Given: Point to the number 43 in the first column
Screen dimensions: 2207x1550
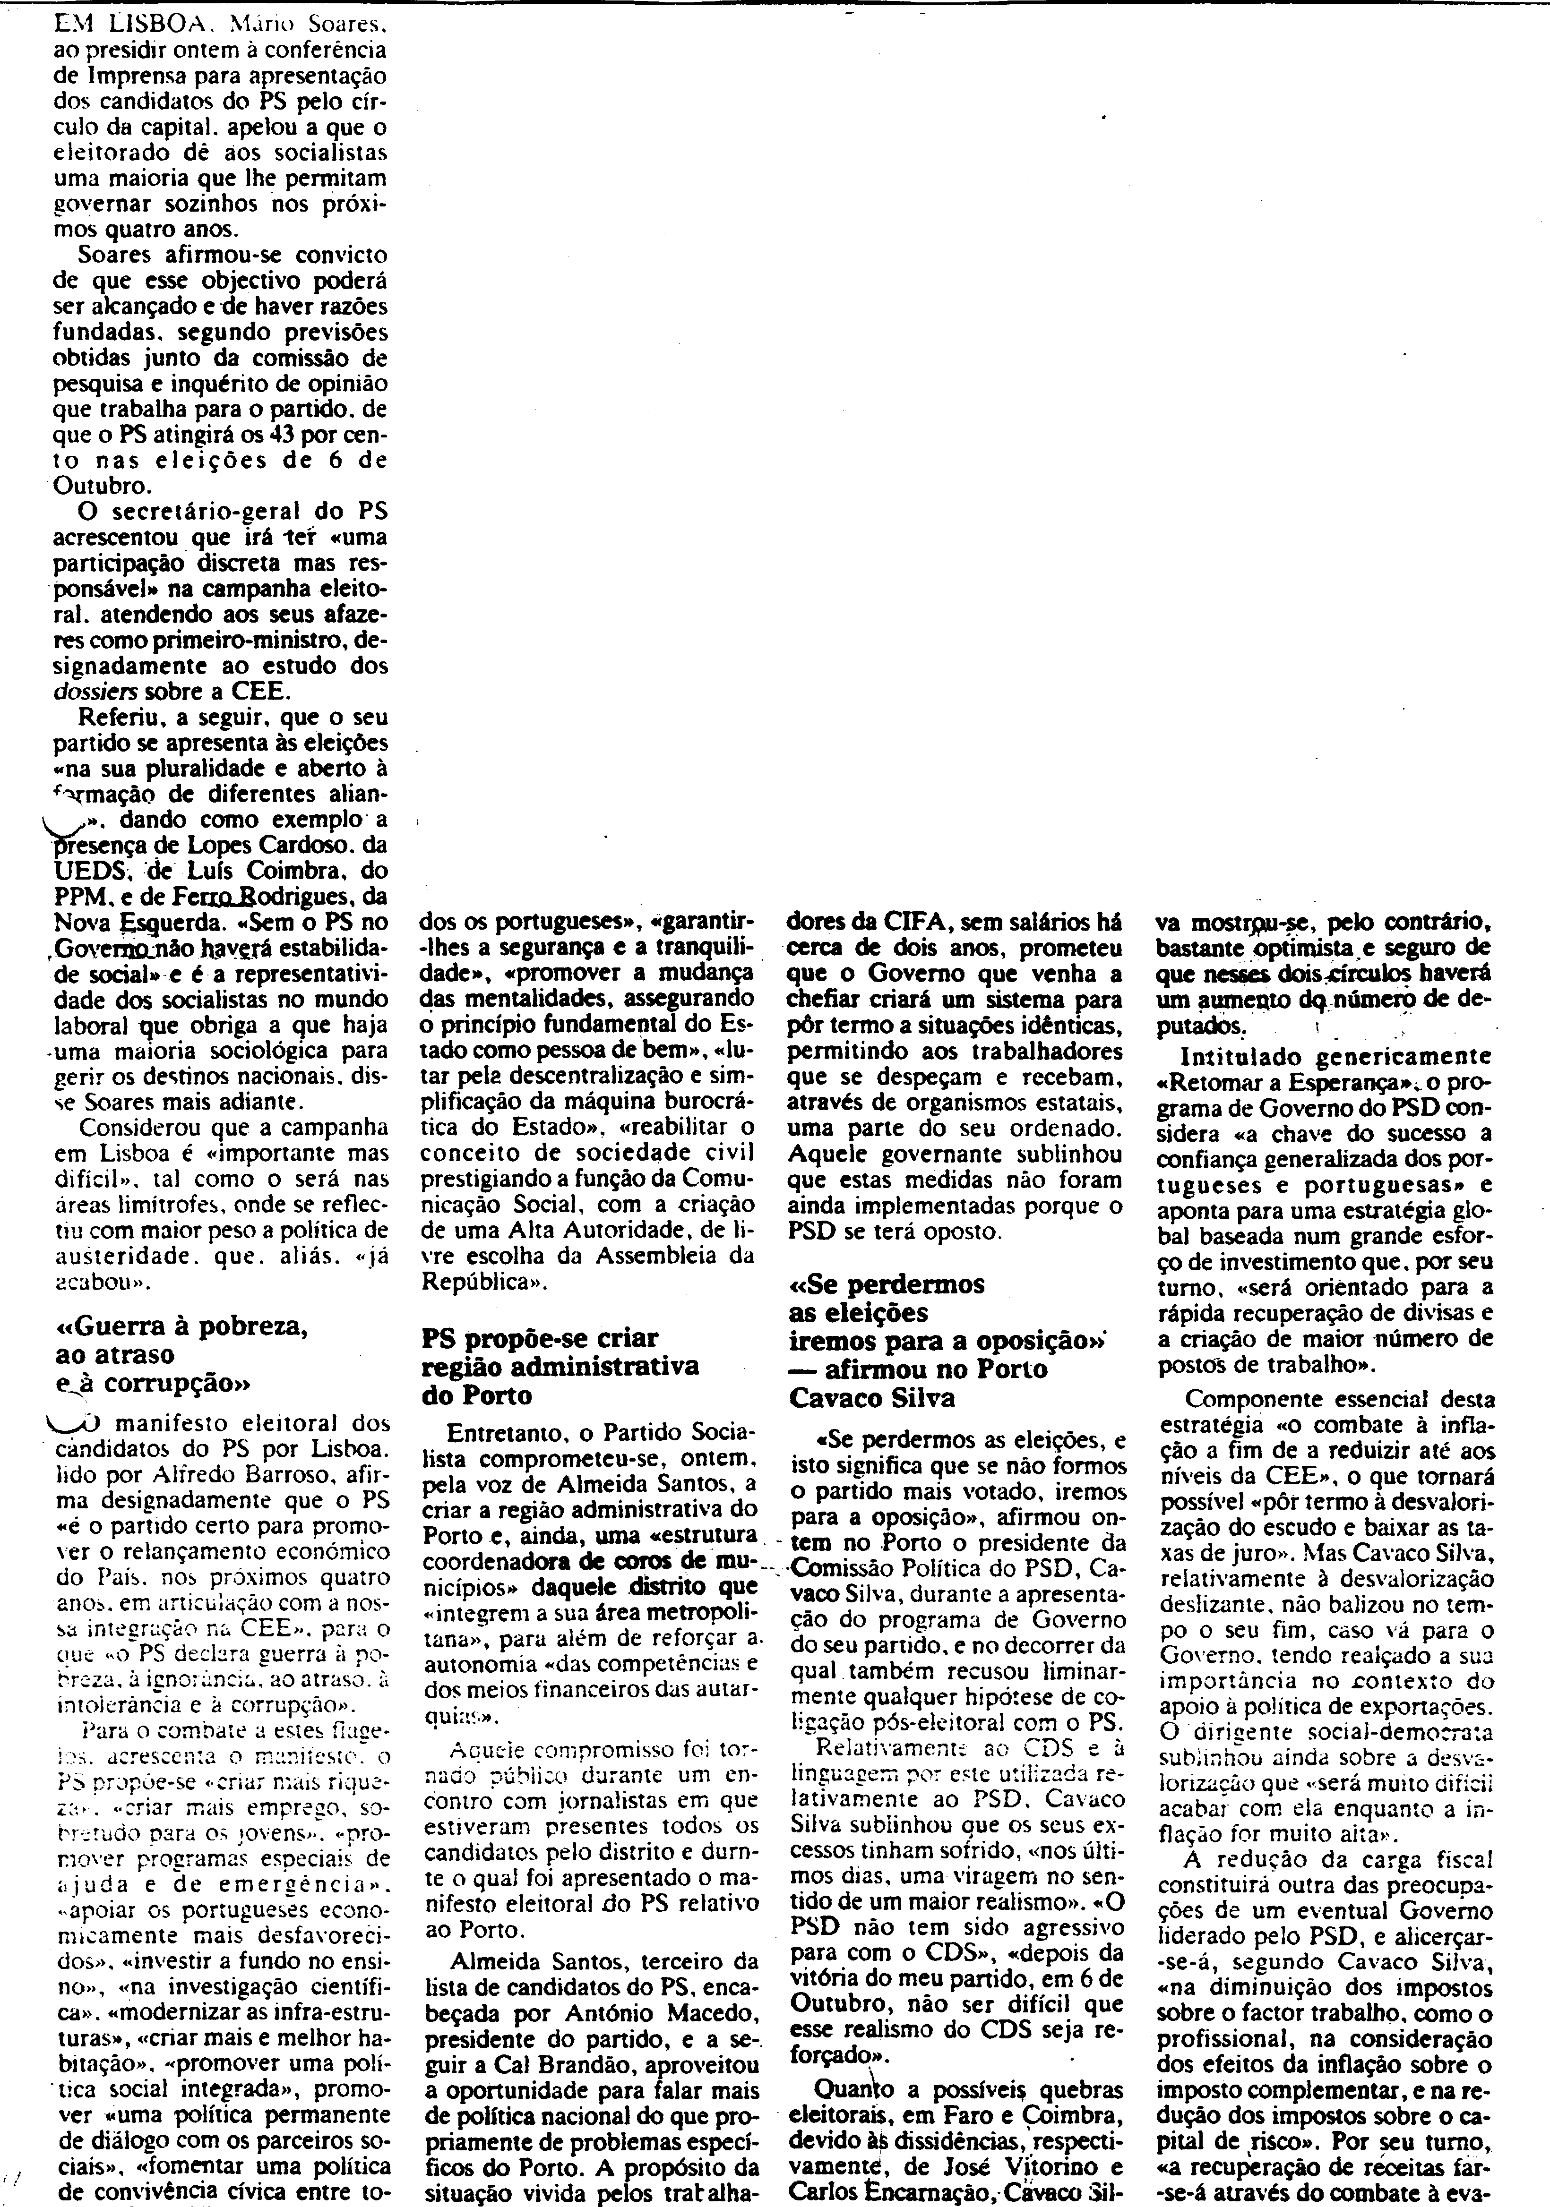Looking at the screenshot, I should pos(228,434).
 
